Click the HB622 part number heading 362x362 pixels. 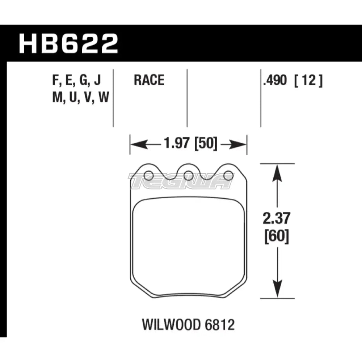click(x=68, y=43)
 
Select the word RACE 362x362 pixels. click(x=149, y=80)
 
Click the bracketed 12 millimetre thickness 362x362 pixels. click(x=308, y=80)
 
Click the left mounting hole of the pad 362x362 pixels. click(x=148, y=176)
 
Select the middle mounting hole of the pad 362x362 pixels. click(x=188, y=176)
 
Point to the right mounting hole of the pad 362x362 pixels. click(x=228, y=176)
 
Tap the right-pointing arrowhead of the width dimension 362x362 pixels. click(x=240, y=145)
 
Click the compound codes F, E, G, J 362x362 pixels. click(x=76, y=80)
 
